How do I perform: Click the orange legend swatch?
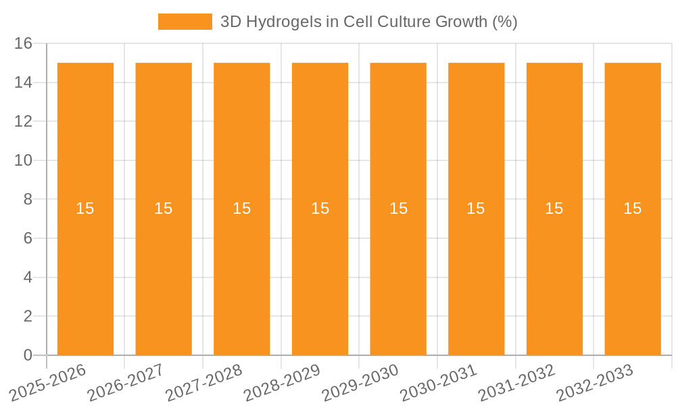185,22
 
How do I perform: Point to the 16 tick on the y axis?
24,43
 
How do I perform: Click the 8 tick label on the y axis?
28,200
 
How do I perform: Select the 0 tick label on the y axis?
28,355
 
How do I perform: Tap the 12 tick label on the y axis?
24,122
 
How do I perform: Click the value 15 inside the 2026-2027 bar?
164,208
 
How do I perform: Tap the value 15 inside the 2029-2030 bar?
398,208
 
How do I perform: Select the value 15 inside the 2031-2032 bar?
554,208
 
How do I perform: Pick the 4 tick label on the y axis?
28,277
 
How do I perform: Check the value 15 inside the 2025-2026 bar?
85,208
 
